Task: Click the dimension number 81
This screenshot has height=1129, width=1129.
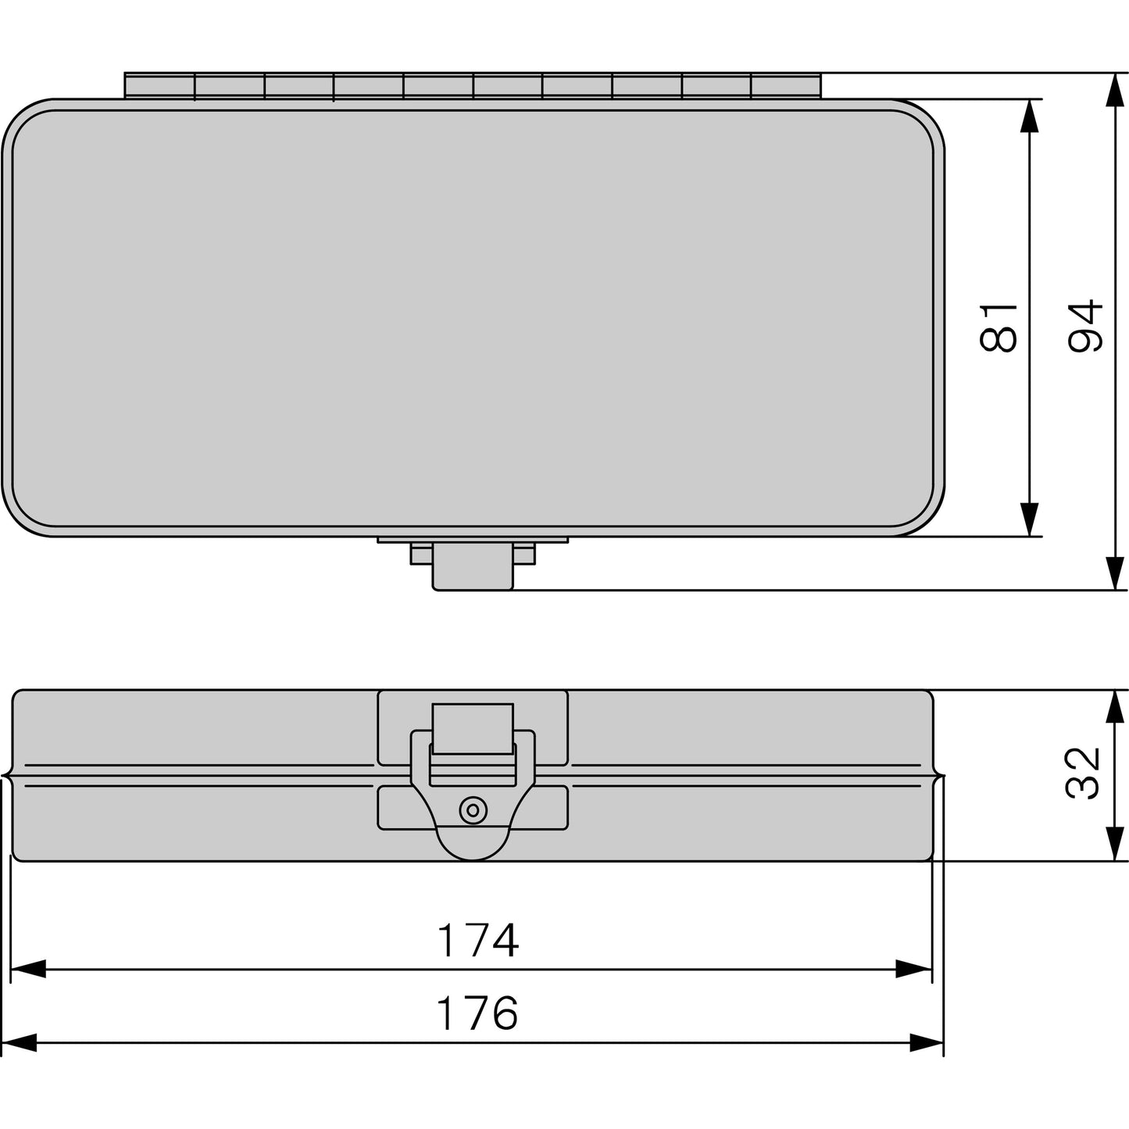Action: click(x=999, y=327)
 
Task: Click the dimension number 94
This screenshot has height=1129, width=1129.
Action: click(x=1085, y=327)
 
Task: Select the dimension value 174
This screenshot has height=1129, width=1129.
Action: click(x=478, y=941)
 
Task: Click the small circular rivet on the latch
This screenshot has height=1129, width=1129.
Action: click(x=473, y=811)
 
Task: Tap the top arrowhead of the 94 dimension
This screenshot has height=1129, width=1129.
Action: click(x=1116, y=90)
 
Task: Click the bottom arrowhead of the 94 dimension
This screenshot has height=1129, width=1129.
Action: click(x=1116, y=573)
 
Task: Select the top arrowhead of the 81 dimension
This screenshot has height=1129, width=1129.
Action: click(x=1030, y=116)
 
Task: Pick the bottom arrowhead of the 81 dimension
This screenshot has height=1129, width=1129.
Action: click(x=1030, y=520)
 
